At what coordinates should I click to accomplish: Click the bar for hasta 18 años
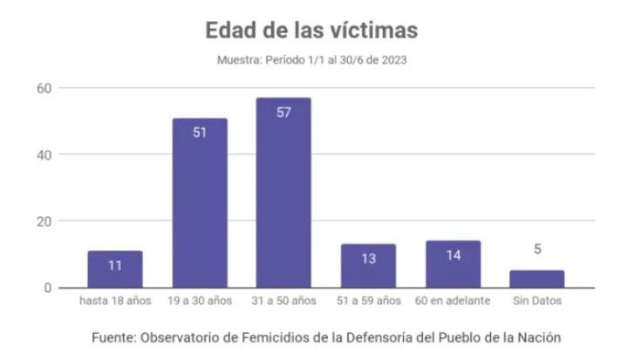115,269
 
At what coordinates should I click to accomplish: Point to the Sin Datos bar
537,279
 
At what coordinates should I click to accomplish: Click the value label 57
283,113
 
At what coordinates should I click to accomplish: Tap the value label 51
199,133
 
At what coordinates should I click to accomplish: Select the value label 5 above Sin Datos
537,249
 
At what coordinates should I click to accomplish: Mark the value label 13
368,259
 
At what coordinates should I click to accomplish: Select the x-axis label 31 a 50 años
283,302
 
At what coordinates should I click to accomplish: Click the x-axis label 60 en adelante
453,302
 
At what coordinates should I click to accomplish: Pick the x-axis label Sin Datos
537,302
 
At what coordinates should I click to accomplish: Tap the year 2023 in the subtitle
392,60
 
